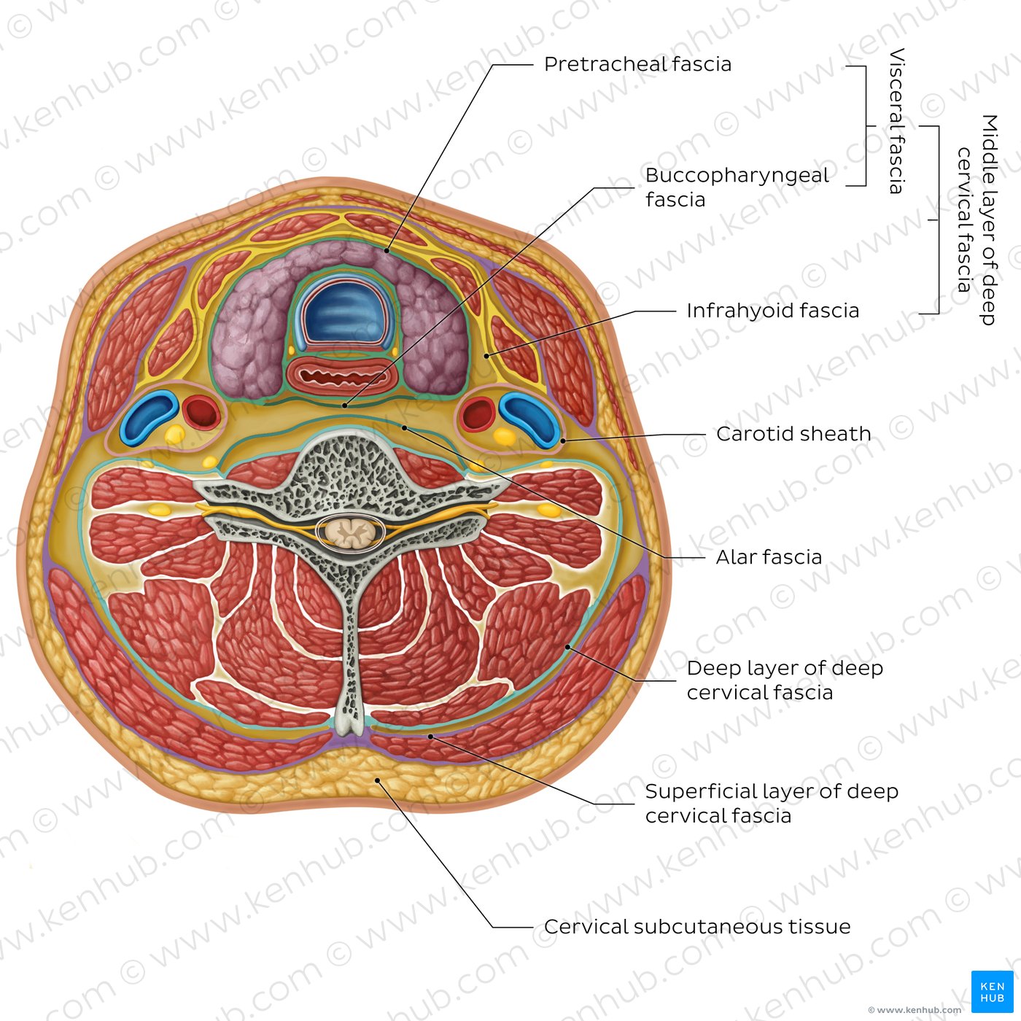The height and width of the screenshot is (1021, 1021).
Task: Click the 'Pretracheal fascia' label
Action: coord(637,64)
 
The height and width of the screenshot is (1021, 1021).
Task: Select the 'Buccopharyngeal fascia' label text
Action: coord(737,187)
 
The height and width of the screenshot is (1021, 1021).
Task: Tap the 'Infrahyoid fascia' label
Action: coord(772,311)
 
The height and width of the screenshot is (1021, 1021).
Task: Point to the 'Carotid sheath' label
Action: coord(793,434)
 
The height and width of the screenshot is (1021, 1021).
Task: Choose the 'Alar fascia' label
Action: coord(769,557)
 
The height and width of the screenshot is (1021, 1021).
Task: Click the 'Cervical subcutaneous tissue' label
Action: coord(697,927)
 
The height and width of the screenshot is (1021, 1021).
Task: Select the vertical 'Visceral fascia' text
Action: coord(896,121)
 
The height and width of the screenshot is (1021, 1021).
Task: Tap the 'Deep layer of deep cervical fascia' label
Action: coord(785,680)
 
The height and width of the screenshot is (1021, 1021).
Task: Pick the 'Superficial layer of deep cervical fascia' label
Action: coord(772,803)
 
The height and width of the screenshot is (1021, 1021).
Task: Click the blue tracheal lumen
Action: coord(345,314)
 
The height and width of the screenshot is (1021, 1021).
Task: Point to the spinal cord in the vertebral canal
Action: coord(350,532)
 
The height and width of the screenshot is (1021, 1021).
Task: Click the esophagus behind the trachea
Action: coord(342,376)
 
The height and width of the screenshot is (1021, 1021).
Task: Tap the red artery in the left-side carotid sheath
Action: coord(201,412)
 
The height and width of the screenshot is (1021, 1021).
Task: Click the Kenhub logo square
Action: coord(992,991)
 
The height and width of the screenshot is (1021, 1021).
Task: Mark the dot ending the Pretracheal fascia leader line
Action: coord(387,251)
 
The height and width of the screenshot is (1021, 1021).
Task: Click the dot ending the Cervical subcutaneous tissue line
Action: coord(378,780)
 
